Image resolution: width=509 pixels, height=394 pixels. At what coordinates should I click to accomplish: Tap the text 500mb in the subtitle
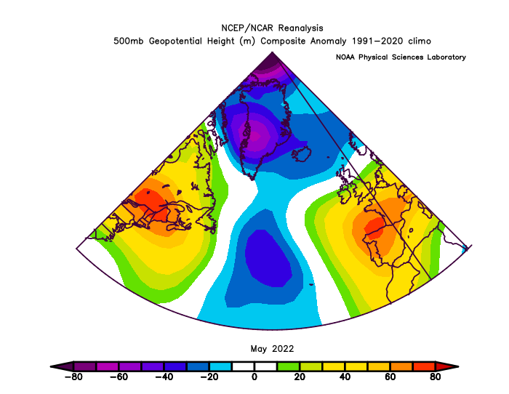pyautogui.click(x=128, y=41)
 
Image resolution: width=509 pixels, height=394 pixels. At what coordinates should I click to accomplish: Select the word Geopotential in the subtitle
pyautogui.click(x=175, y=41)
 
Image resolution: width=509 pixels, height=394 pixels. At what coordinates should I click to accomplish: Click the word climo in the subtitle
pyautogui.click(x=420, y=41)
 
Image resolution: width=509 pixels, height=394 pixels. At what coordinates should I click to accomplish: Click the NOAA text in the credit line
pyautogui.click(x=345, y=57)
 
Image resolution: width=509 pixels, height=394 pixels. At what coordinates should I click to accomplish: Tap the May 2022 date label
pyautogui.click(x=272, y=349)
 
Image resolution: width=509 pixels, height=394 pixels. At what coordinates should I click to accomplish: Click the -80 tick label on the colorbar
pyautogui.click(x=73, y=377)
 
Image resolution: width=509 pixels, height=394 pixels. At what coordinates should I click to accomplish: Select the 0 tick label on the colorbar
pyautogui.click(x=254, y=377)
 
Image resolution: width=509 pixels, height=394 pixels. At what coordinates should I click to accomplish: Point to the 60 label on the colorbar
pyautogui.click(x=390, y=377)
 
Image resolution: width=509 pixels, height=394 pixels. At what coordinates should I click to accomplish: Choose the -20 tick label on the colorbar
pyautogui.click(x=209, y=377)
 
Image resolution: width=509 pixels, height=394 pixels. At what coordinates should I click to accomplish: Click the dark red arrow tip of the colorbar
pyautogui.click(x=447, y=366)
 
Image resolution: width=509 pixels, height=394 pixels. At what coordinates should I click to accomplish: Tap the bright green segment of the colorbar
pyautogui.click(x=288, y=366)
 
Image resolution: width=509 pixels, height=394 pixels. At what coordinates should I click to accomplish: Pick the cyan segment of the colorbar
pyautogui.click(x=220, y=366)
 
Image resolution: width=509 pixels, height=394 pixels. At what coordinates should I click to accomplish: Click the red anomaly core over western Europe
pyautogui.click(x=373, y=228)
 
